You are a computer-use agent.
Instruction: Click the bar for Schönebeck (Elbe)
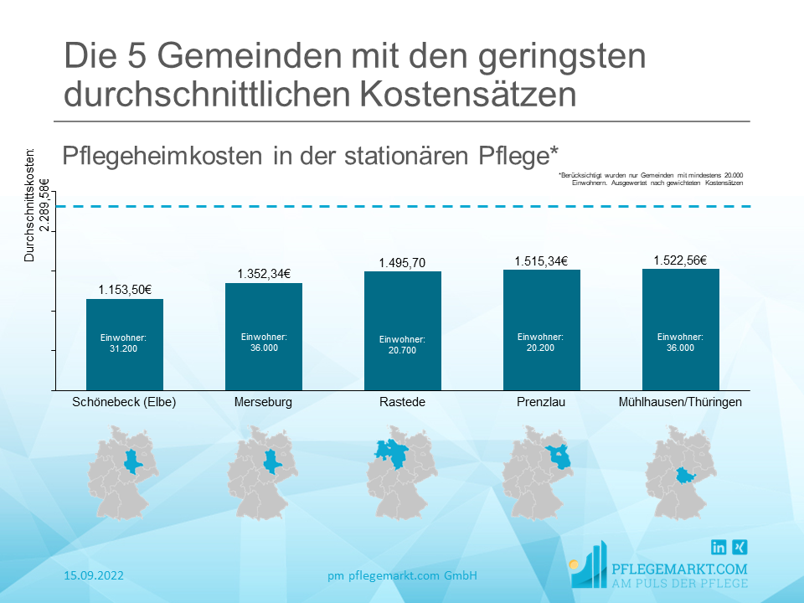[125, 344]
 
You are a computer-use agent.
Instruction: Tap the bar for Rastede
[403, 331]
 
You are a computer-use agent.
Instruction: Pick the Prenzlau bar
[541, 330]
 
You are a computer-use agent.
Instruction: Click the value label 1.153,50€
[125, 290]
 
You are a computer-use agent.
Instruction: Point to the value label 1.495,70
[403, 263]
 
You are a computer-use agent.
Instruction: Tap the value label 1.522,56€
[681, 260]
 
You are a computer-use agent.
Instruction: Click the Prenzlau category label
[541, 402]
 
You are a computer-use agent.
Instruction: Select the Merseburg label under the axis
[264, 402]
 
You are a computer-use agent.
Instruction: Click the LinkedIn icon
[719, 548]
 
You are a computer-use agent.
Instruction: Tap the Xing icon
[740, 548]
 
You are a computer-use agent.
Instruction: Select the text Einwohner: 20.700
[402, 344]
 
